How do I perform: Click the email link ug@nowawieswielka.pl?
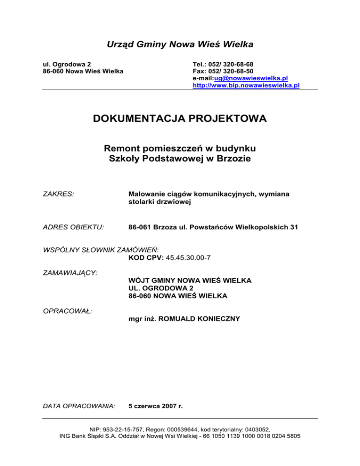pos(252,78)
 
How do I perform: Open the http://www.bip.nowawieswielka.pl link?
pos(246,86)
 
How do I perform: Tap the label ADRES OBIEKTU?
pos(73,227)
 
